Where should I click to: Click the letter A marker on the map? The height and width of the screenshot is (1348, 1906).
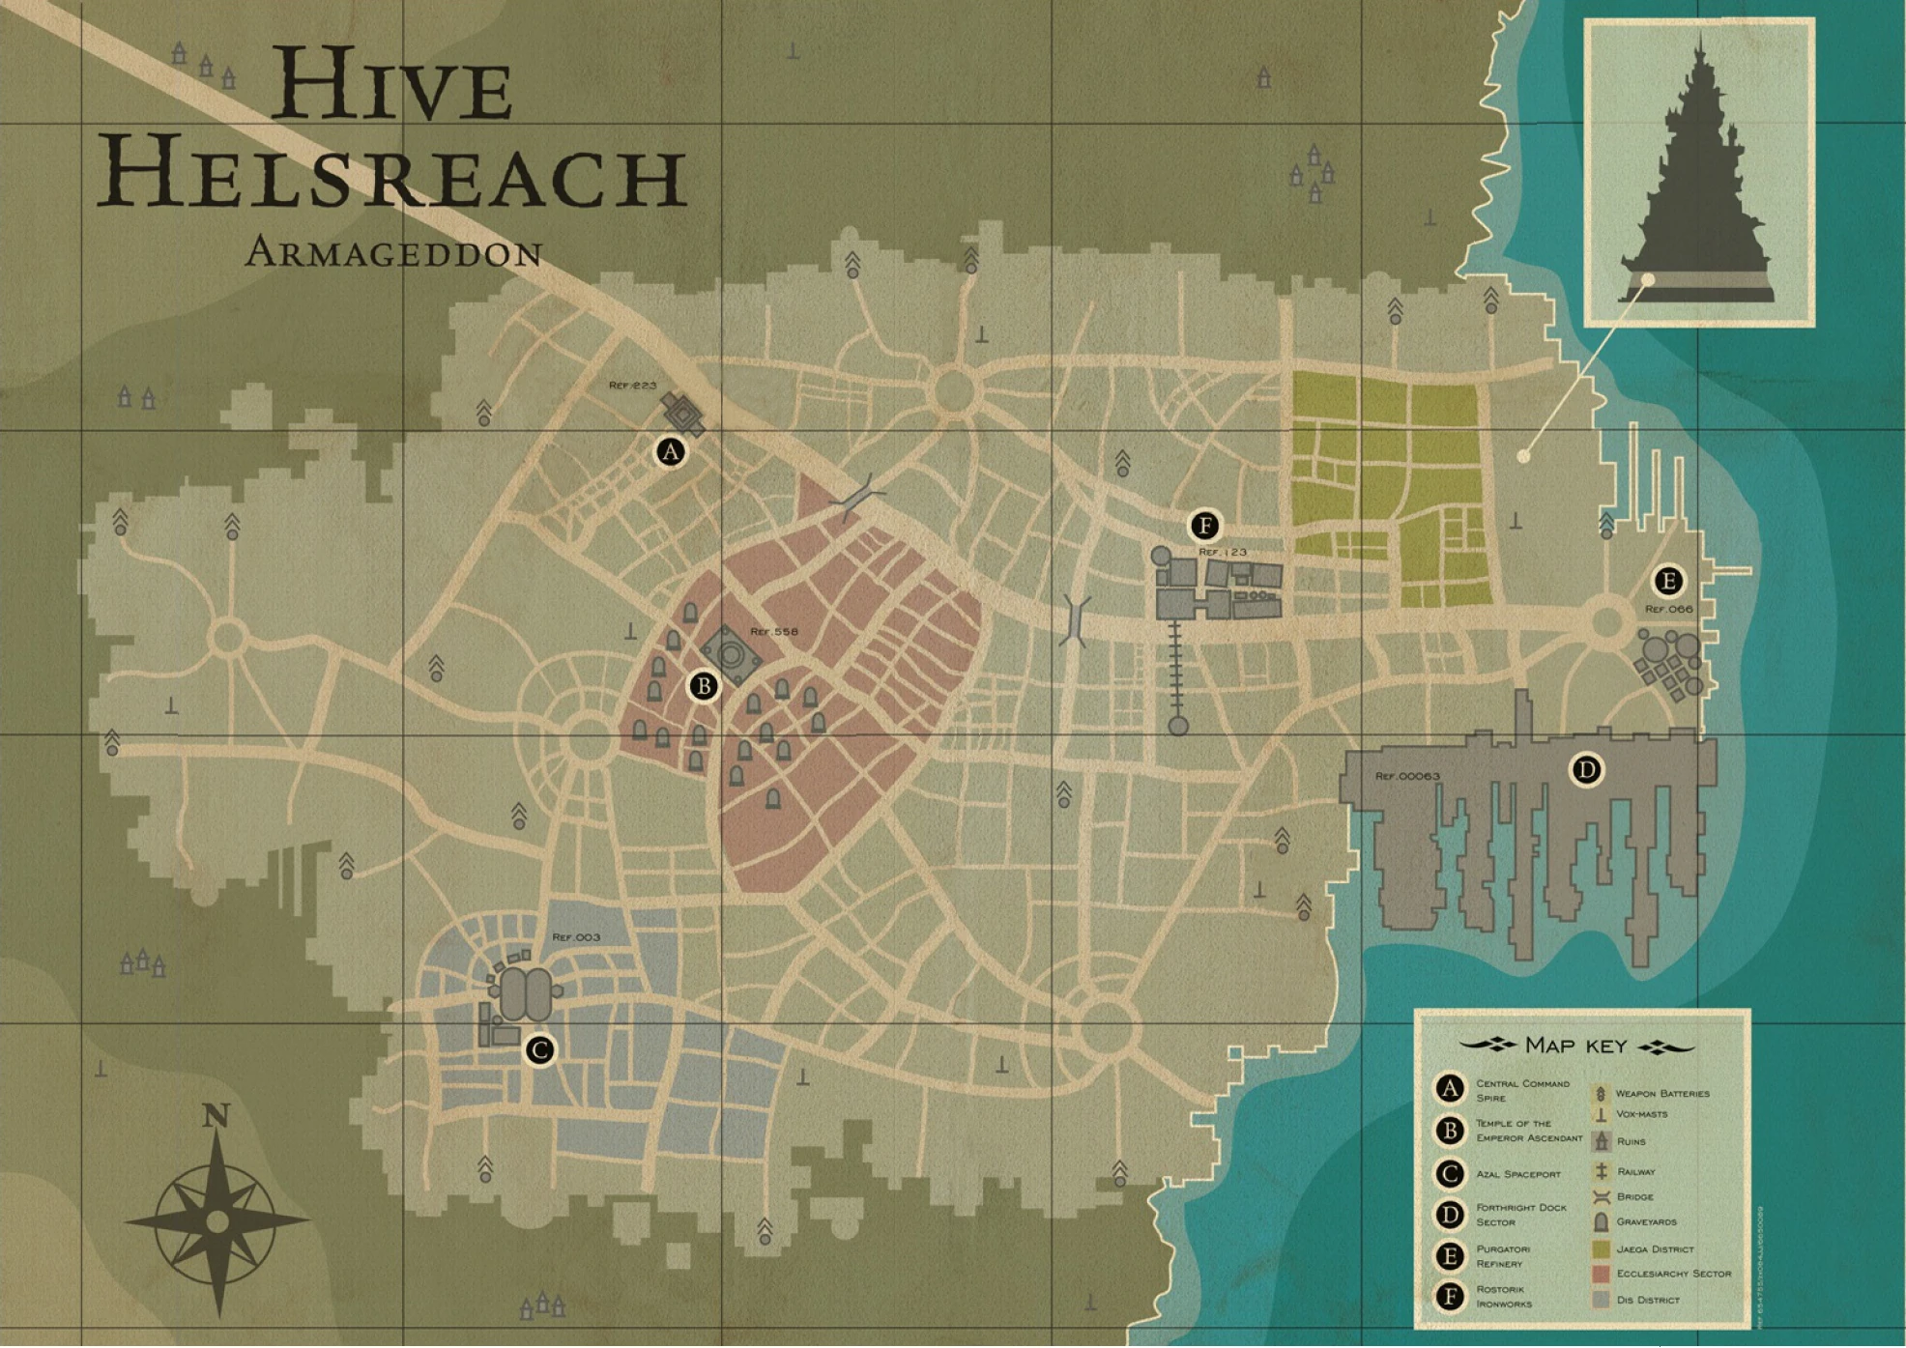(x=671, y=451)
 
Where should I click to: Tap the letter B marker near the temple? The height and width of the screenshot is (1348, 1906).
(x=704, y=686)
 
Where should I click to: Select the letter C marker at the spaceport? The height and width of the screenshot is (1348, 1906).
(x=539, y=1049)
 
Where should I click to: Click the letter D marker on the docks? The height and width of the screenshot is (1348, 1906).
(x=1586, y=770)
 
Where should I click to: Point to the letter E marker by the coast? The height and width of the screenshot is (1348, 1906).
(x=1667, y=581)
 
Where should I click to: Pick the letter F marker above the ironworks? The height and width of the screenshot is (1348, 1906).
(x=1204, y=526)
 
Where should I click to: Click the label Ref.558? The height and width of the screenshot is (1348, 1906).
(x=774, y=632)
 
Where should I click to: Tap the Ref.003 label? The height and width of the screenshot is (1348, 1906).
(x=576, y=937)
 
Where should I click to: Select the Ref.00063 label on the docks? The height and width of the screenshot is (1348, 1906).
(x=1407, y=776)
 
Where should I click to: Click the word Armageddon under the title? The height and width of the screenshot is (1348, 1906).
(x=393, y=253)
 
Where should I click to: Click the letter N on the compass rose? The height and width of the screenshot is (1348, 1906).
(x=216, y=1116)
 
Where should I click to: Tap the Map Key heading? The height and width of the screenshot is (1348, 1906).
(x=1575, y=1046)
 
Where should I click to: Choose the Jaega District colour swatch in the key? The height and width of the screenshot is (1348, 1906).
(x=1601, y=1249)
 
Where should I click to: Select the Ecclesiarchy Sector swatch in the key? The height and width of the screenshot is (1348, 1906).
(x=1601, y=1275)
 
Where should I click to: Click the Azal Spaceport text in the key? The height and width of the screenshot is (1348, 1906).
(x=1517, y=1174)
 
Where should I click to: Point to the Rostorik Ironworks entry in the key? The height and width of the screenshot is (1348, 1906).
(x=1503, y=1297)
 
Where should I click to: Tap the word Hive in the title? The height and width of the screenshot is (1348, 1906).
(x=391, y=85)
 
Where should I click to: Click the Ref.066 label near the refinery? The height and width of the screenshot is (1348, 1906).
(x=1669, y=609)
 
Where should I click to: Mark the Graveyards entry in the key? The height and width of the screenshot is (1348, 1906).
(x=1646, y=1222)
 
